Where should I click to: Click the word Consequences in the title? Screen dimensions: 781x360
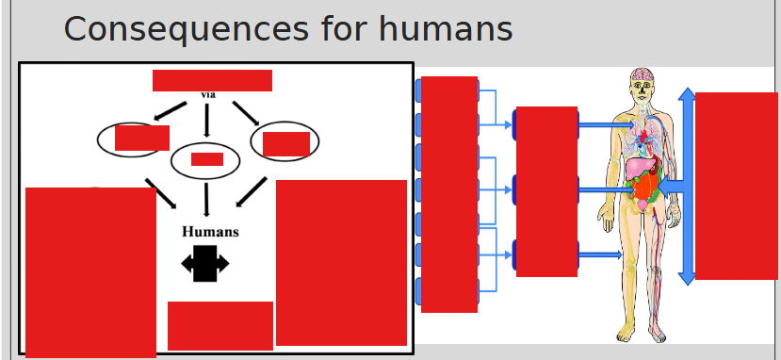pos(186,29)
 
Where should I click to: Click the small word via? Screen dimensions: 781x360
pos(208,94)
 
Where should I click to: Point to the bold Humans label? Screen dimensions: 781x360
pos(210,232)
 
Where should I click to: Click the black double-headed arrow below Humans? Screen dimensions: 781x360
pos(205,263)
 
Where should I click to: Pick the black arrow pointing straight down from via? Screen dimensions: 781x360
pos(206,120)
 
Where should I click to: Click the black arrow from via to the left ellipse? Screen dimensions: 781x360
pos(170,111)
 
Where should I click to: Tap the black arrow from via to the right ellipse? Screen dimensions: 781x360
pos(246,113)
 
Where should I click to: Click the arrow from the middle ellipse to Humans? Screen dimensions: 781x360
pos(206,200)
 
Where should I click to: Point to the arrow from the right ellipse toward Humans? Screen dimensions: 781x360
pos(251,191)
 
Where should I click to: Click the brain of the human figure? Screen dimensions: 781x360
pos(643,75)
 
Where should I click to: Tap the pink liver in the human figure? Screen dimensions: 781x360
pos(638,169)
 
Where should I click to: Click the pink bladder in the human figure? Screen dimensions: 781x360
pos(643,205)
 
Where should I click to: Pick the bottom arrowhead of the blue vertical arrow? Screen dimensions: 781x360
pos(687,278)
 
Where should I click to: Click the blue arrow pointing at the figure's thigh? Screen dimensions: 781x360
pos(600,255)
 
